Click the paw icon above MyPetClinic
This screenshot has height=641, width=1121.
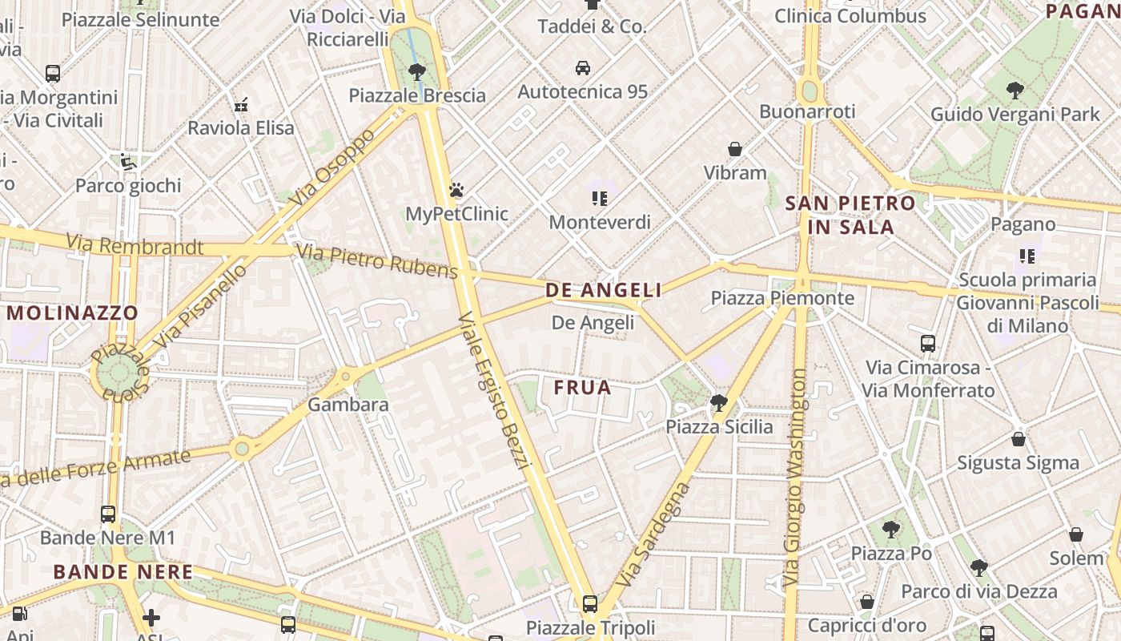click(456, 190)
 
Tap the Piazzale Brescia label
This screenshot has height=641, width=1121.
click(417, 95)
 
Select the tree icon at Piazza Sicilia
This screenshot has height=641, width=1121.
click(719, 403)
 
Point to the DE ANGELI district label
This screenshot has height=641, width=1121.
click(604, 290)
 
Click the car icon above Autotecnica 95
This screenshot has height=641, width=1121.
click(583, 68)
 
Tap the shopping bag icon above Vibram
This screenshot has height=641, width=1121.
click(735, 149)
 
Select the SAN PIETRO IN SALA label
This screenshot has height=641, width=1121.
click(850, 215)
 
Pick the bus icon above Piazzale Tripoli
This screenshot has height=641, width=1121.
click(590, 603)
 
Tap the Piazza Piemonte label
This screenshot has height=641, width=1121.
click(782, 298)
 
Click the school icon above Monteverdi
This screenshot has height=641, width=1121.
click(600, 198)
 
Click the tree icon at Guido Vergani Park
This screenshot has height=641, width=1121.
click(1015, 91)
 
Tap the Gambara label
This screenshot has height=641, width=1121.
click(348, 405)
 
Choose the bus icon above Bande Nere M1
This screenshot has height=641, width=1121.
click(108, 514)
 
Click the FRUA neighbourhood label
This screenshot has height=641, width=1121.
click(583, 388)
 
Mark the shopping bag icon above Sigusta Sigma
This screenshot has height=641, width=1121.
click(1019, 439)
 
